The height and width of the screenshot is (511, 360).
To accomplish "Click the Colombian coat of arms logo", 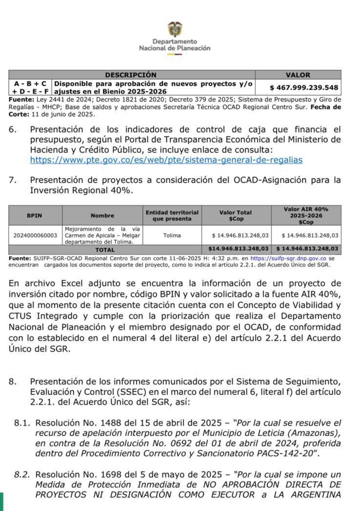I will click(174, 29).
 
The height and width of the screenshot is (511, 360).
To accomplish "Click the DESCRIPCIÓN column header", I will click(131, 75).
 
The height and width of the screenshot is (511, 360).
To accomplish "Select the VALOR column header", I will click(298, 75).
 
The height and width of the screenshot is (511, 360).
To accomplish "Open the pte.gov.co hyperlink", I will click(166, 160).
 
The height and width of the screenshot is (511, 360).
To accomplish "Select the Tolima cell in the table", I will click(172, 235).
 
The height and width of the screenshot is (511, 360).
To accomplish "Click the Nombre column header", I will click(102, 216).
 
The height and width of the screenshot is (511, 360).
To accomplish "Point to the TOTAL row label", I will click(105, 250).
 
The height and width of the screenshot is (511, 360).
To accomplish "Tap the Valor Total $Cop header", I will click(236, 216).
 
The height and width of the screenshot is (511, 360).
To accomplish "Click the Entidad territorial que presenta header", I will click(172, 216).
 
